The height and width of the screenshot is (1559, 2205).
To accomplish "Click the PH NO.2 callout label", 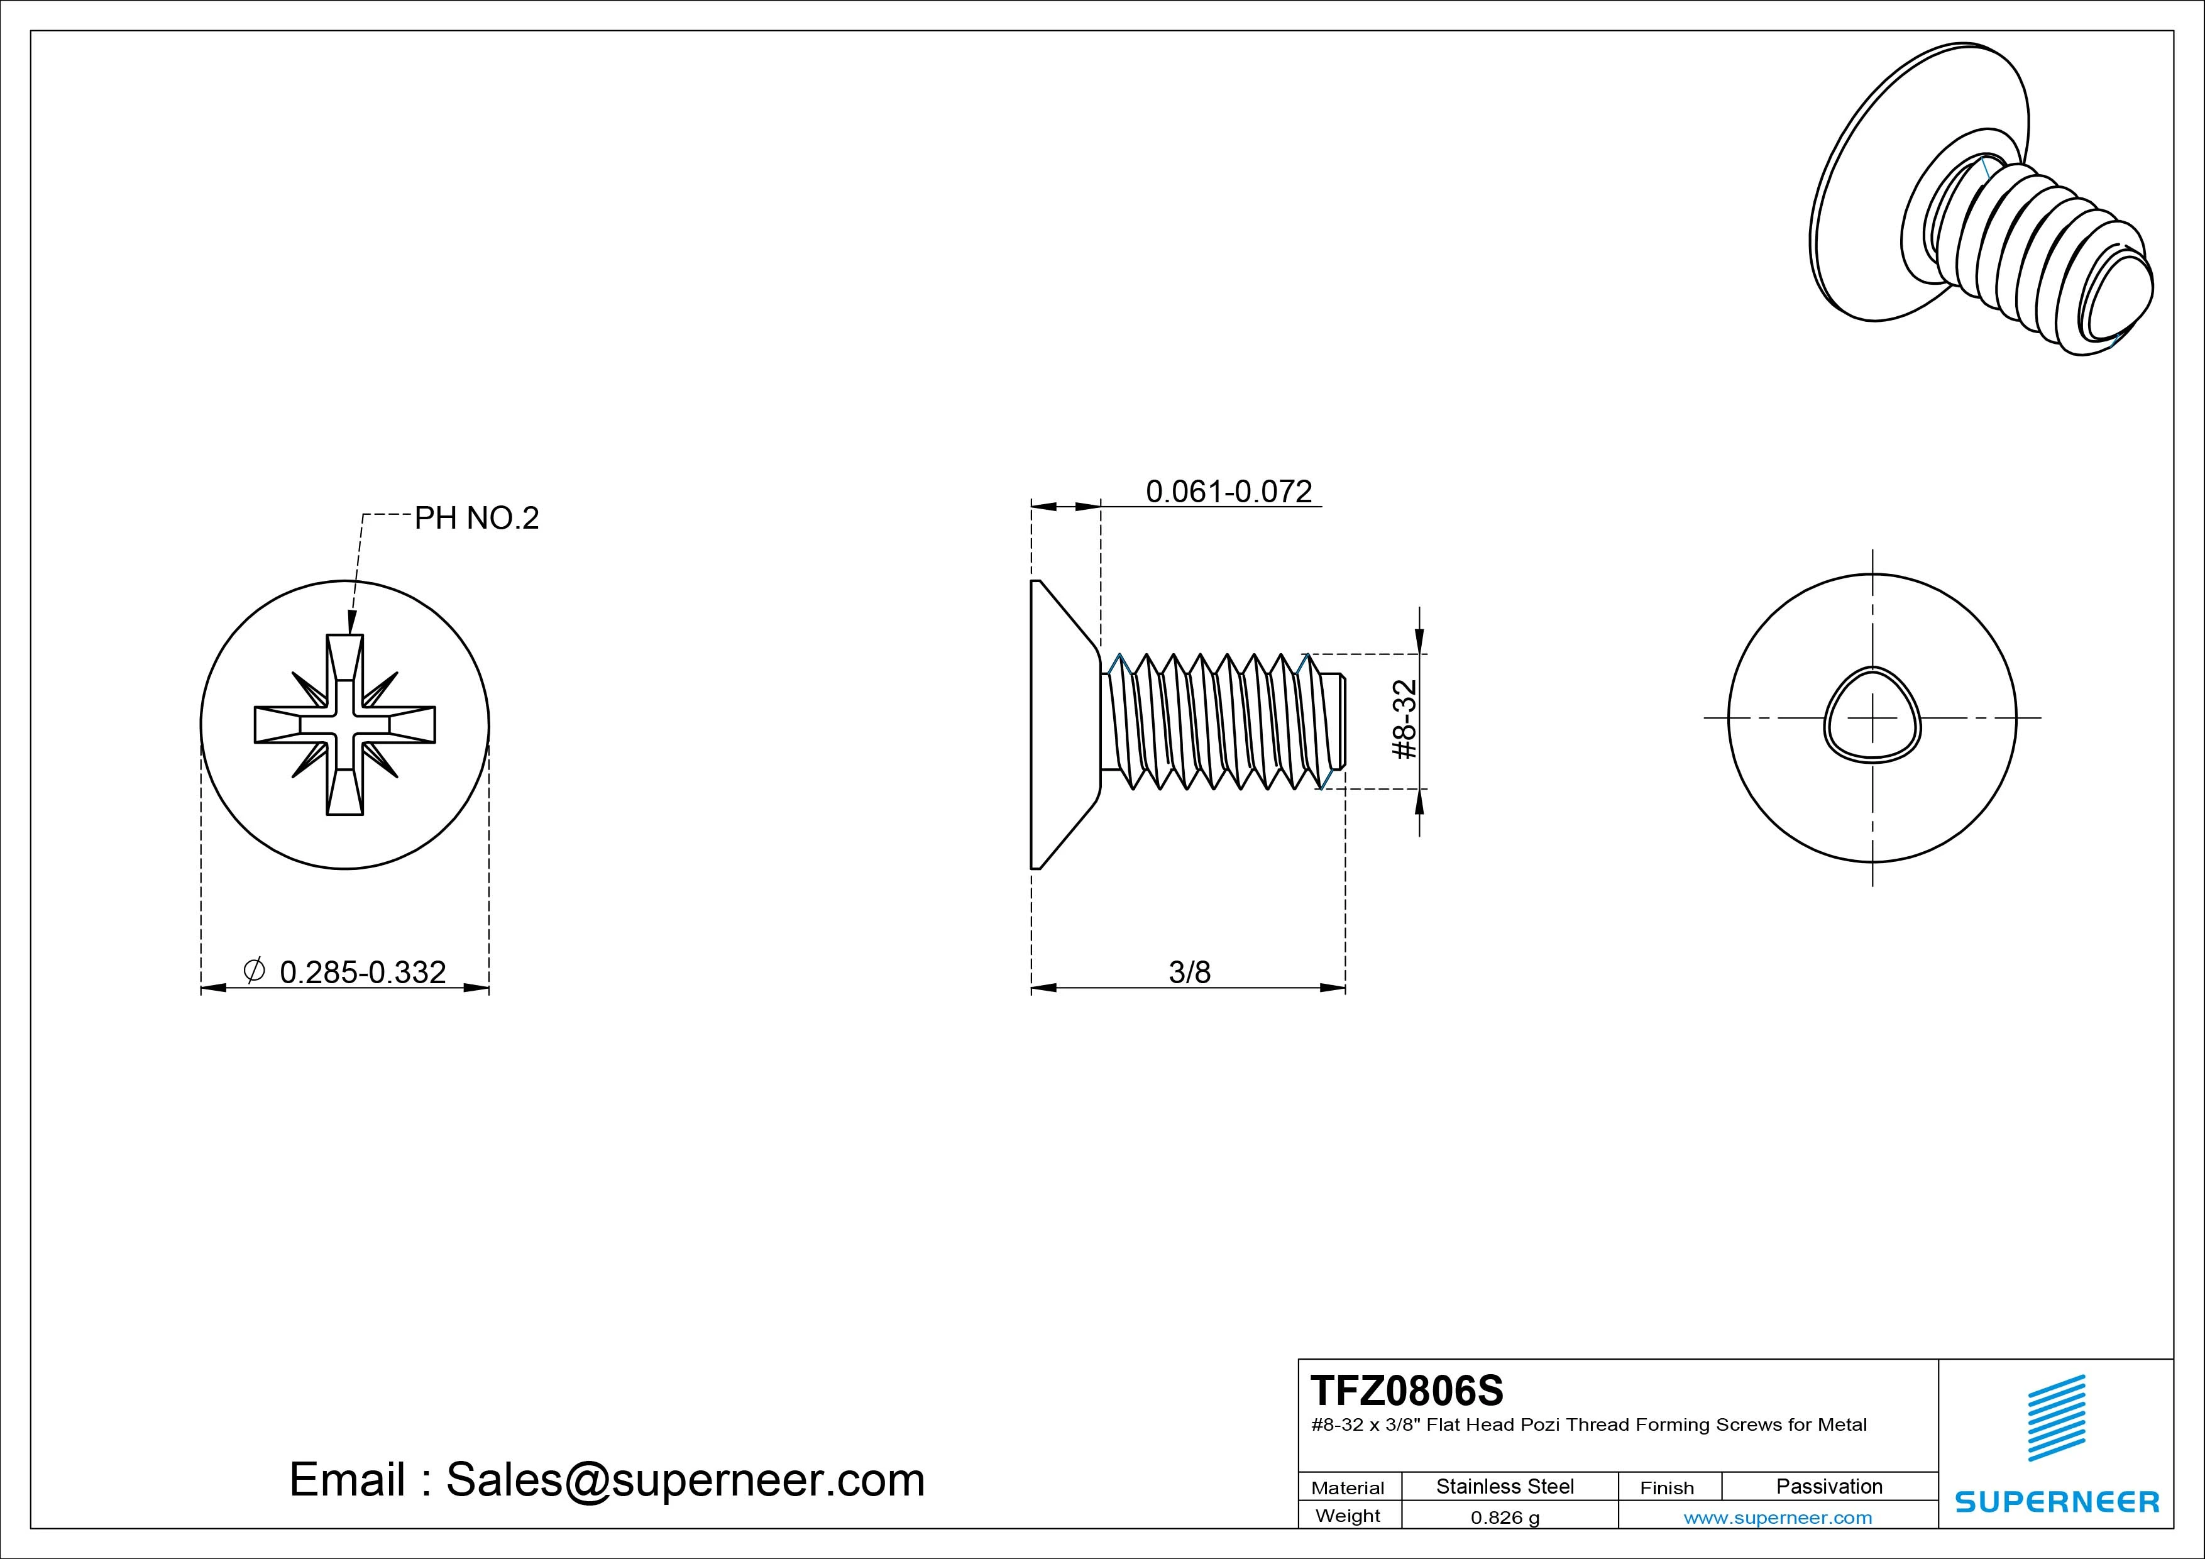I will pos(476,519).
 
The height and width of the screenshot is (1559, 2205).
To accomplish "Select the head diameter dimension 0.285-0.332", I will pos(362,972).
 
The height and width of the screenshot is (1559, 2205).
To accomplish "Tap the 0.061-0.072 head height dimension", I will pos(1228,492).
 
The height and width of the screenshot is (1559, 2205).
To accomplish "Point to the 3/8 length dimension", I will pos(1189,972).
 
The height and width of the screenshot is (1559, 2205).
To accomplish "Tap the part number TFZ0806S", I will pos(1407,1390).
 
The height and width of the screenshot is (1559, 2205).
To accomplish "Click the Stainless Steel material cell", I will pos(1504,1486).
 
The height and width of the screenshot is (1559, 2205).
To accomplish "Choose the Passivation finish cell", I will pos(1828,1486).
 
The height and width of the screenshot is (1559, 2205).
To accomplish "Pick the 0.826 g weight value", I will pos(1504,1518).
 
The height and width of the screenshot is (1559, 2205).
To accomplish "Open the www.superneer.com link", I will pos(1778,1518).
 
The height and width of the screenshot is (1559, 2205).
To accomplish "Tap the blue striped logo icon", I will pos(2056,1418).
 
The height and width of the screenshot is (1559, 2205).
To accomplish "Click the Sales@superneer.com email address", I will pos(685,1479).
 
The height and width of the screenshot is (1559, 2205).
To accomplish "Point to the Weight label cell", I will pos(1348,1516).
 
